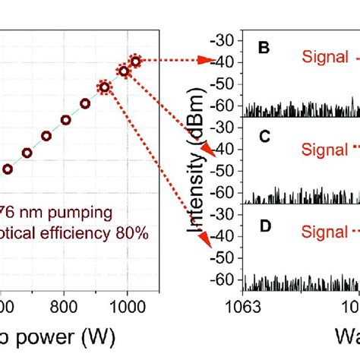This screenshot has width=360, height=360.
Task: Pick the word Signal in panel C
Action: [x=325, y=149]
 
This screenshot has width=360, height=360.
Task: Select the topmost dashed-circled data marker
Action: [x=135, y=61]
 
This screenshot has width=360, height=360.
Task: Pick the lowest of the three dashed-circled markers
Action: [x=104, y=87]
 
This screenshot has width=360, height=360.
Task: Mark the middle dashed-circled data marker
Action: [x=123, y=71]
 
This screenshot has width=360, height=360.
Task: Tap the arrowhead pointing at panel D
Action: [x=206, y=241]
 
